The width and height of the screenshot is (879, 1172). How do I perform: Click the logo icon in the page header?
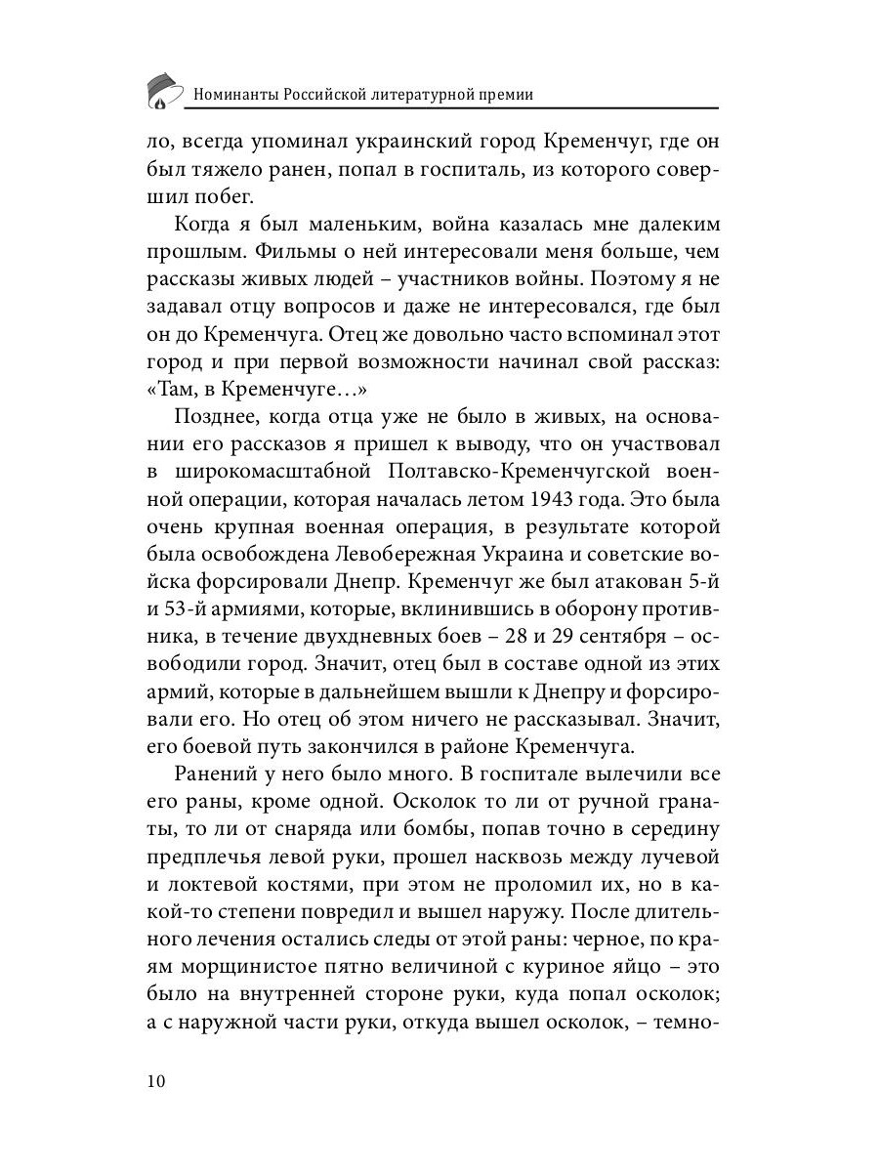[x=164, y=90]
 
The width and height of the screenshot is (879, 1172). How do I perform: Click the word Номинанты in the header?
[x=235, y=95]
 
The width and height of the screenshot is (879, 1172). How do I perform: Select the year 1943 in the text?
[x=560, y=500]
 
